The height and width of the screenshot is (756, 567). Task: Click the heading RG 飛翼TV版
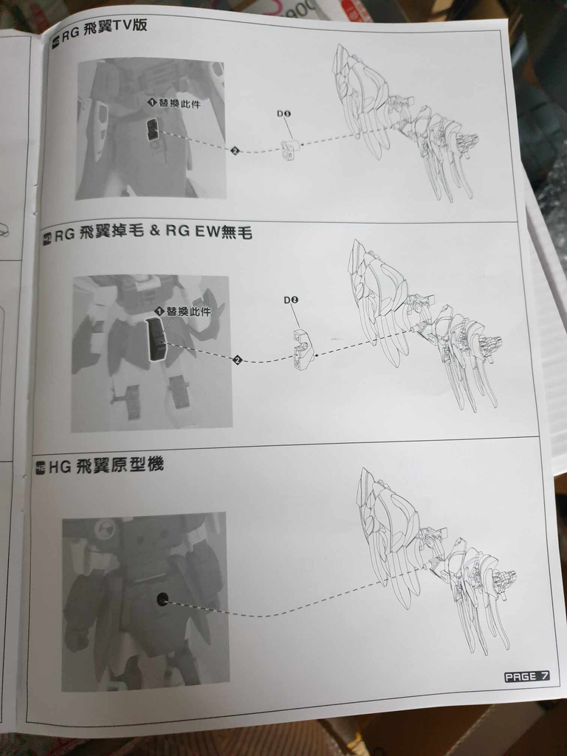click(103, 24)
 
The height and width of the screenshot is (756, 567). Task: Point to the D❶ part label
click(284, 114)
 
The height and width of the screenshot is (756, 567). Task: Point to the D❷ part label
click(291, 300)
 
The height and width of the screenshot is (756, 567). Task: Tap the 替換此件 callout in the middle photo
click(183, 312)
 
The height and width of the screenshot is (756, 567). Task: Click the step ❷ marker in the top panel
click(235, 151)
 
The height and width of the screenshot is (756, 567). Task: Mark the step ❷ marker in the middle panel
click(237, 360)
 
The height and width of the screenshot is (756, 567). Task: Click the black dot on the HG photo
click(162, 599)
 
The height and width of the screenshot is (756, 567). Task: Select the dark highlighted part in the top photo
click(152, 130)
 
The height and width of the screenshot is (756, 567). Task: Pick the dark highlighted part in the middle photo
click(157, 340)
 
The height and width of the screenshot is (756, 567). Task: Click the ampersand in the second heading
click(156, 233)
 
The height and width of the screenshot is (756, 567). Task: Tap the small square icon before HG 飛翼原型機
click(41, 467)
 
